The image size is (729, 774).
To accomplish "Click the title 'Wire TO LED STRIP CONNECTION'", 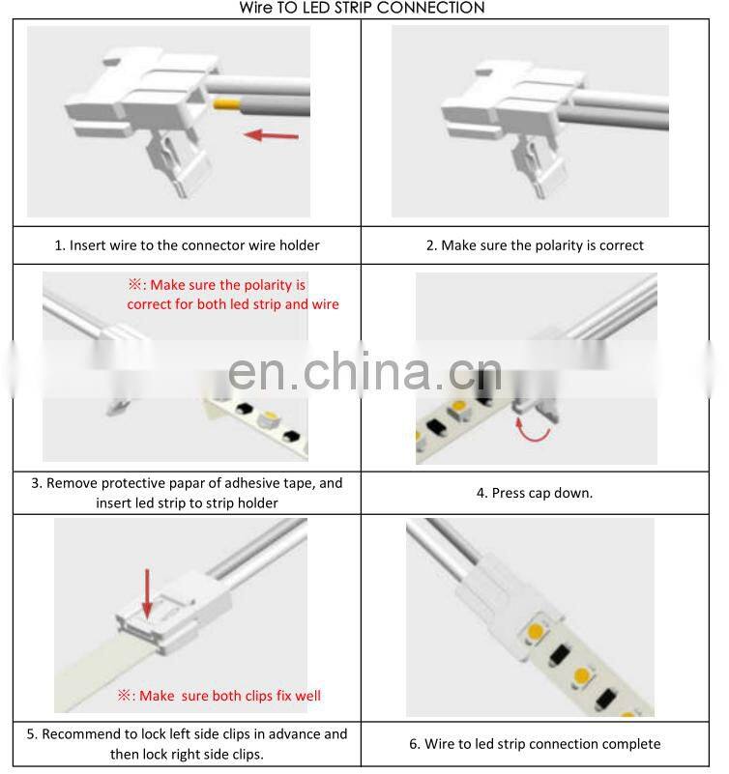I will [x=363, y=8].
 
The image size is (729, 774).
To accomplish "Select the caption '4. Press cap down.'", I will [x=535, y=493].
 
